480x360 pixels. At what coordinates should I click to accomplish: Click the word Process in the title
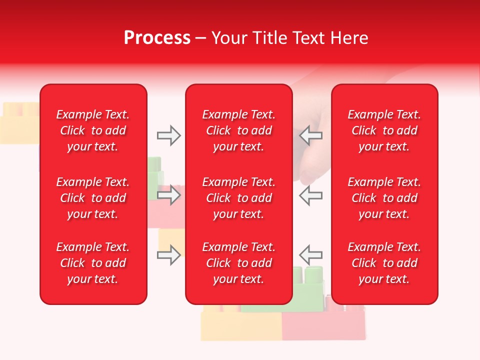tap(157, 38)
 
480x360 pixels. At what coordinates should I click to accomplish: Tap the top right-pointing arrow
tap(168, 135)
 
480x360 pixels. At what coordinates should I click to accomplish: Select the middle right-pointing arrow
tap(168, 195)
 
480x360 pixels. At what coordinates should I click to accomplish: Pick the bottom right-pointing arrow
tap(168, 255)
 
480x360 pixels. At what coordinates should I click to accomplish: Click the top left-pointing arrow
tap(310, 135)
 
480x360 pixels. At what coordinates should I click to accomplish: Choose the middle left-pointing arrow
tap(310, 195)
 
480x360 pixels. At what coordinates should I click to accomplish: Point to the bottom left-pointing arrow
tap(310, 255)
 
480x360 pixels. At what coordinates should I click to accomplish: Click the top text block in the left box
tap(93, 130)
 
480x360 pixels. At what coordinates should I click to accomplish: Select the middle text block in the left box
tap(93, 198)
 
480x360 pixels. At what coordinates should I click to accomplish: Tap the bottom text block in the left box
tap(93, 263)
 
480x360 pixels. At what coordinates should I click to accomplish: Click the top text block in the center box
tap(238, 130)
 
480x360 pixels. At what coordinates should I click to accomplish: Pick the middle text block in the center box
tap(238, 198)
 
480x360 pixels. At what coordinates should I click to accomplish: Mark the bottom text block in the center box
tap(238, 263)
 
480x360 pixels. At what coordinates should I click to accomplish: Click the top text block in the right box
tap(384, 130)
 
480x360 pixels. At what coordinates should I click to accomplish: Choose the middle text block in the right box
tap(384, 198)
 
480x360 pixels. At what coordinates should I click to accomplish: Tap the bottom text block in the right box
tap(384, 263)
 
